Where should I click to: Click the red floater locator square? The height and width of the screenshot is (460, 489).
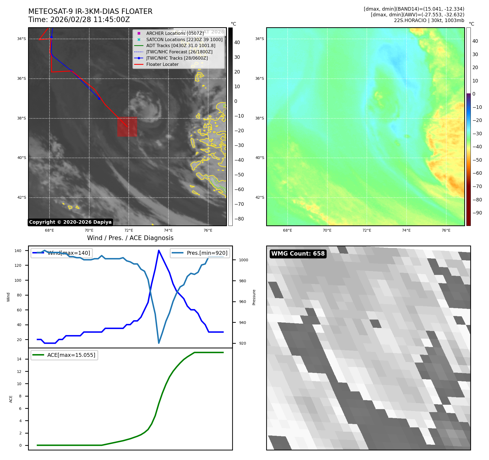pyautogui.click(x=127, y=127)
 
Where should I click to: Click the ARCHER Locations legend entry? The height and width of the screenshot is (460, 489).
pyautogui.click(x=175, y=33)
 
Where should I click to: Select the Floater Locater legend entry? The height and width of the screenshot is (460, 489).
pyautogui.click(x=162, y=65)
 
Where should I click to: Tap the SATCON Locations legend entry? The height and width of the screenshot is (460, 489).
pyautogui.click(x=184, y=39)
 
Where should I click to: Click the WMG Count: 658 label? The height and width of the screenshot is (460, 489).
pyautogui.click(x=298, y=254)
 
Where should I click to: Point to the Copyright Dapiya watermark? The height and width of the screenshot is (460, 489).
pyautogui.click(x=70, y=222)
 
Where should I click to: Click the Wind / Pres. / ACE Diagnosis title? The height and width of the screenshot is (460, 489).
pyautogui.click(x=130, y=238)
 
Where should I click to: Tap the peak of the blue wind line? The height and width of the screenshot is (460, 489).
pyautogui.click(x=159, y=250)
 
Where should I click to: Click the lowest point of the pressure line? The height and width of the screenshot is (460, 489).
pyautogui.click(x=159, y=343)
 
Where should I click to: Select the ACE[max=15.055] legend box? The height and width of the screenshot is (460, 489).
pyautogui.click(x=64, y=355)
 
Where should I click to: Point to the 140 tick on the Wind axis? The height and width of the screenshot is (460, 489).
pyautogui.click(x=18, y=251)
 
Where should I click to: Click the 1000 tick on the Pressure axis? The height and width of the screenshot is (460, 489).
pyautogui.click(x=243, y=260)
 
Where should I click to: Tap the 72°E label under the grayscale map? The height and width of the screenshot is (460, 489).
pyautogui.click(x=129, y=231)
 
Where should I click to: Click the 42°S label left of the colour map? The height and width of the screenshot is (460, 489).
pyautogui.click(x=260, y=197)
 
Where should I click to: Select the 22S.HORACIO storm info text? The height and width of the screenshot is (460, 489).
pyautogui.click(x=429, y=20)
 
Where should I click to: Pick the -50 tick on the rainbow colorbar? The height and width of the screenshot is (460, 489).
pyautogui.click(x=477, y=160)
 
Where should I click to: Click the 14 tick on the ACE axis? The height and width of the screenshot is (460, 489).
pyautogui.click(x=19, y=359)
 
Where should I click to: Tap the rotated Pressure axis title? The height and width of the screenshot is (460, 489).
pyautogui.click(x=254, y=297)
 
